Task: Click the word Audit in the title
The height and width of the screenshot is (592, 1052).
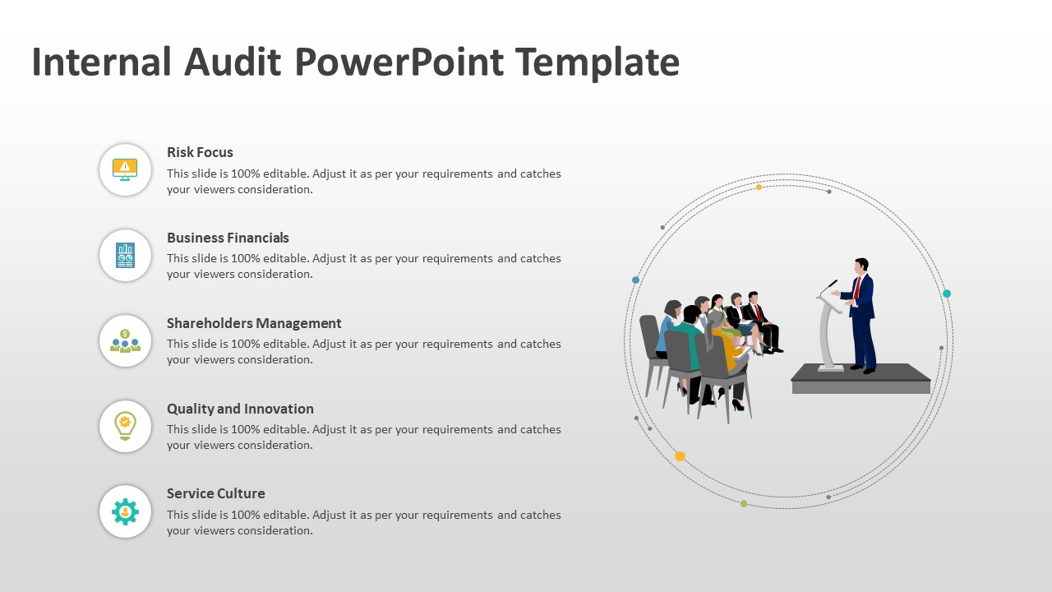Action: click(x=233, y=62)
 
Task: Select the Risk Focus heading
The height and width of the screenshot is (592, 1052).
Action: click(x=200, y=152)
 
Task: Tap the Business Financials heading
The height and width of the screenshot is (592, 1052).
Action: click(x=228, y=238)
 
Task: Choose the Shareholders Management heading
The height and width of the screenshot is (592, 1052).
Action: click(x=254, y=323)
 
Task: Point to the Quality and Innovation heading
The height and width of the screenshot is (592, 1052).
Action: click(x=240, y=409)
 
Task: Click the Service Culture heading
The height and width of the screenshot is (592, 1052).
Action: click(x=215, y=493)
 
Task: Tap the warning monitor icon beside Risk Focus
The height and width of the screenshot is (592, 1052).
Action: click(x=125, y=169)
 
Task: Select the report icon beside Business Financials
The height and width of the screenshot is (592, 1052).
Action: click(x=125, y=255)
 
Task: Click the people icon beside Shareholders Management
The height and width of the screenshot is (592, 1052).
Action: click(x=125, y=340)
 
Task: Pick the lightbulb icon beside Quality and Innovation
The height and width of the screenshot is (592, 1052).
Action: click(x=125, y=426)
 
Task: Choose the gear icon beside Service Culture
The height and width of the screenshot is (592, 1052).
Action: click(x=125, y=511)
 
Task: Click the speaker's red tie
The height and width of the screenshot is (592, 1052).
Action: click(x=856, y=287)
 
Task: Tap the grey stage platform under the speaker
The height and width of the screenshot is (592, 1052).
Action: click(x=861, y=380)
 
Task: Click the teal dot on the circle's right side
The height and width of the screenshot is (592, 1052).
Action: click(x=947, y=294)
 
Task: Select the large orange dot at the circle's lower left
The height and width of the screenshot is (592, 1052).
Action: click(x=680, y=456)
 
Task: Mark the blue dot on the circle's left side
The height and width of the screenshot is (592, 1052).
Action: click(x=635, y=280)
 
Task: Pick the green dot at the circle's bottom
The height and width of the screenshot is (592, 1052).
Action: click(x=744, y=503)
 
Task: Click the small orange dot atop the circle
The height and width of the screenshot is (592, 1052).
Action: click(x=759, y=187)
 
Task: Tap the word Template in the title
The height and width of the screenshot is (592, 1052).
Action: click(x=598, y=62)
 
